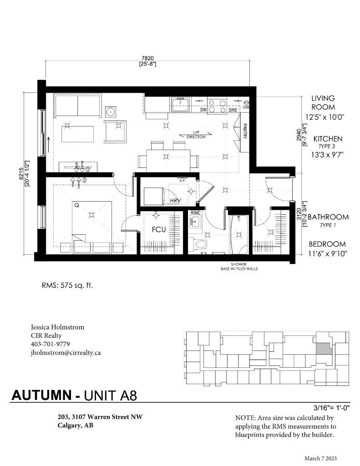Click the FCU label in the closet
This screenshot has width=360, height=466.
(158, 229)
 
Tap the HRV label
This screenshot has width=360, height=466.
(176, 200)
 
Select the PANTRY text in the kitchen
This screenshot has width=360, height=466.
(244, 131)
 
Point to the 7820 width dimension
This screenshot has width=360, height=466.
(148, 58)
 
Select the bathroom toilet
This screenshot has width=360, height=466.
(198, 244)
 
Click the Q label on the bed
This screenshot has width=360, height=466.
(76, 205)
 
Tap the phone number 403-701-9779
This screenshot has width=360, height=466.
(50, 344)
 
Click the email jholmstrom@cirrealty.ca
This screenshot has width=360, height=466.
(66, 352)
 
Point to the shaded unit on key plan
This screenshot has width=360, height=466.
(324, 349)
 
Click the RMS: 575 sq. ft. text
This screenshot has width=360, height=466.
(67, 286)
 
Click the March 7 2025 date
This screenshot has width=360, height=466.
(321, 458)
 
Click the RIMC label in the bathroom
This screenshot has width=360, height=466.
(196, 213)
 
